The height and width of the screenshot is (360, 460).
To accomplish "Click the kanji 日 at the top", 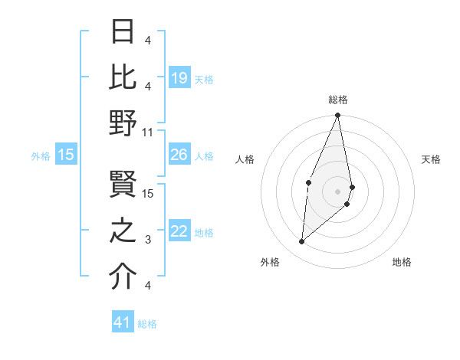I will pyautogui.click(x=123, y=33).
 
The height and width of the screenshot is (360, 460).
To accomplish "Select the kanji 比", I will pyautogui.click(x=123, y=77).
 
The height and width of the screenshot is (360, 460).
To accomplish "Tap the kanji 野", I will pyautogui.click(x=123, y=123).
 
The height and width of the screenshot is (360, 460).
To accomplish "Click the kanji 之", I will pyautogui.click(x=123, y=231).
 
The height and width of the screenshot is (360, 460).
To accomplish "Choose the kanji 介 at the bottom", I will pyautogui.click(x=123, y=276).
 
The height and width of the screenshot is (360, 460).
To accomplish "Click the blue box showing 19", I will pyautogui.click(x=179, y=77).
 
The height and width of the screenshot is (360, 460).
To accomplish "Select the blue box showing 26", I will pyautogui.click(x=179, y=155).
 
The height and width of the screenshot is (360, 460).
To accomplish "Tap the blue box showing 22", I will pyautogui.click(x=179, y=231).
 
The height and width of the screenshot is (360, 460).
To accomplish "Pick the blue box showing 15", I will pyautogui.click(x=66, y=155).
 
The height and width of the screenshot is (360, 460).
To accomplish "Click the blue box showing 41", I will pyautogui.click(x=123, y=322).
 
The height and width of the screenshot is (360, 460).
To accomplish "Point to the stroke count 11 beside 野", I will pyautogui.click(x=148, y=131).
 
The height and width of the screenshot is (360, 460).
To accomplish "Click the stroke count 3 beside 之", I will pyautogui.click(x=148, y=240).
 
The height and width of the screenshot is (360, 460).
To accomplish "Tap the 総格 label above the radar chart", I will pyautogui.click(x=337, y=100).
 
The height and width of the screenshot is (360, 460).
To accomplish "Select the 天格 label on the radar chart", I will pyautogui.click(x=431, y=159).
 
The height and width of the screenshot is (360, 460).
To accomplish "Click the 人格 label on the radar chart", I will pyautogui.click(x=245, y=159).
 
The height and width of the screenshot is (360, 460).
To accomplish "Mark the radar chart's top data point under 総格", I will pyautogui.click(x=337, y=116).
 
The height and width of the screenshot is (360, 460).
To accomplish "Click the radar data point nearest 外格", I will pyautogui.click(x=302, y=241).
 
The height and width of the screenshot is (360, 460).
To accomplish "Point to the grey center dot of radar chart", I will pyautogui.click(x=337, y=191).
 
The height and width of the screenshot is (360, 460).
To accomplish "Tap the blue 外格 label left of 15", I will pyautogui.click(x=41, y=155).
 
